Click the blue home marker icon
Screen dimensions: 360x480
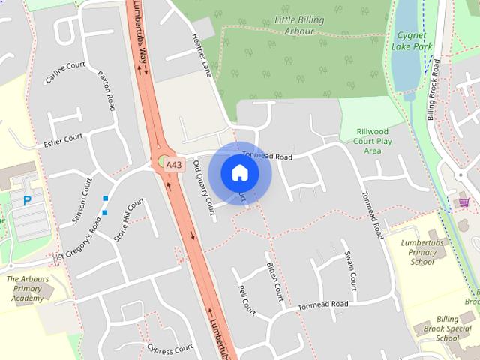point(239,173)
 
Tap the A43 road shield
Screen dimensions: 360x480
point(174,164)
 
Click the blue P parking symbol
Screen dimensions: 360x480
point(28,200)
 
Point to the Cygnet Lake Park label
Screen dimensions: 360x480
point(412,40)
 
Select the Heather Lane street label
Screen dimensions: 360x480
point(202,54)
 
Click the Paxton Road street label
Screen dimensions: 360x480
point(106,91)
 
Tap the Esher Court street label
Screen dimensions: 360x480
point(63,140)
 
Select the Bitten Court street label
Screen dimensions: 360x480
point(274,281)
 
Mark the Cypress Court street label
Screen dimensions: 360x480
point(170,349)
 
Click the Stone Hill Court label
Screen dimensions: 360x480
point(128,220)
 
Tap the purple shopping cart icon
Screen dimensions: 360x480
point(463,202)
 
